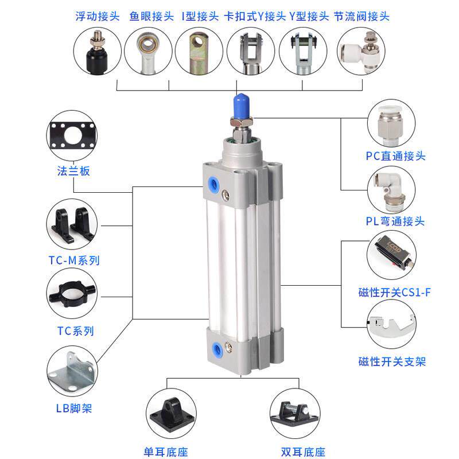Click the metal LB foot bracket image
71,373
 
